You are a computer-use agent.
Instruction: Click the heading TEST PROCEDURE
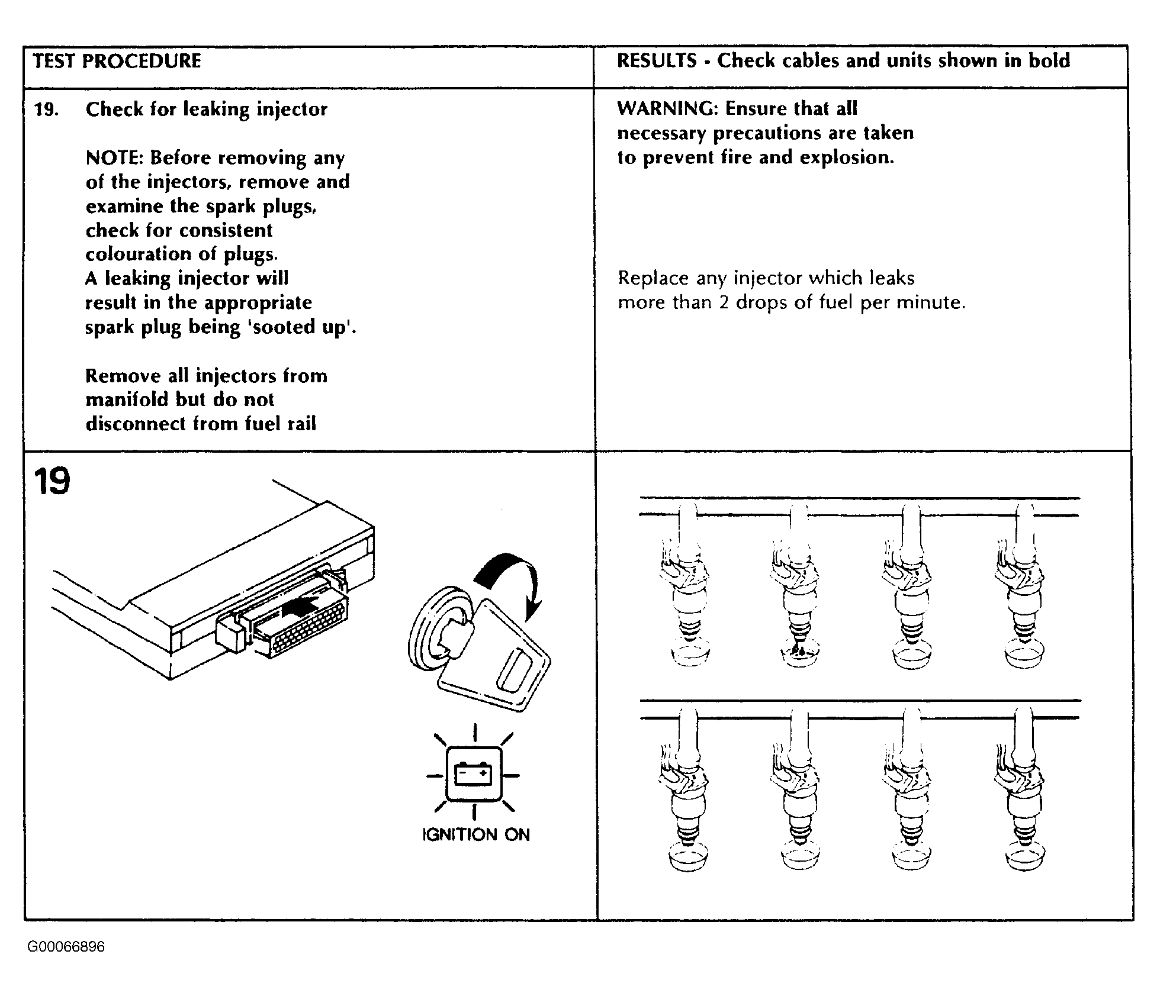click(117, 61)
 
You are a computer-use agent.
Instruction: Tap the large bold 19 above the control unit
click(52, 481)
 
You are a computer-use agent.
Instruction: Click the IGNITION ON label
click(475, 834)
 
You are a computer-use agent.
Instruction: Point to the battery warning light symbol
click(474, 775)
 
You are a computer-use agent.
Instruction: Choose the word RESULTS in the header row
click(657, 60)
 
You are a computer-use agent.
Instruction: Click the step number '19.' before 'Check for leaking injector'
click(46, 109)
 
